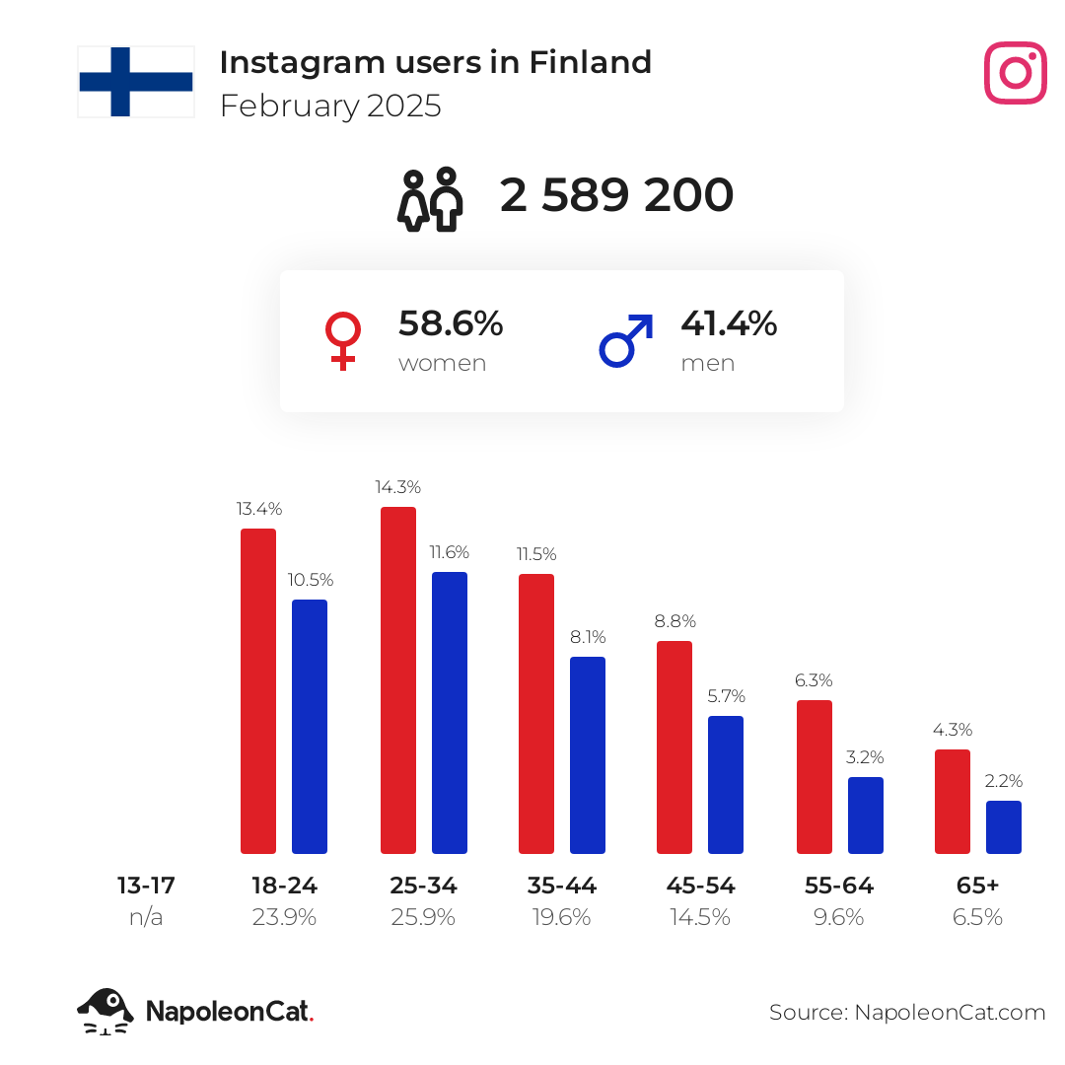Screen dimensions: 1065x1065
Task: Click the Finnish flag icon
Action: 136,82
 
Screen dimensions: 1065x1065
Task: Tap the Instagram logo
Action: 1015,73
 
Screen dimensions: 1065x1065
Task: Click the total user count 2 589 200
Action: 616,195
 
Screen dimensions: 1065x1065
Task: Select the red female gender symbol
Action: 342,341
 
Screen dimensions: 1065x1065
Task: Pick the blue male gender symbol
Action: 626,341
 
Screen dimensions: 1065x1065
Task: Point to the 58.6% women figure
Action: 451,323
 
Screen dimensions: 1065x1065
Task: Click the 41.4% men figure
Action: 729,323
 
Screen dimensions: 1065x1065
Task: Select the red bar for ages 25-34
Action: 398,680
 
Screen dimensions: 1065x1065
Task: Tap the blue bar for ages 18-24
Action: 310,727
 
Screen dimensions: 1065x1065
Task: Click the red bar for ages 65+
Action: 953,802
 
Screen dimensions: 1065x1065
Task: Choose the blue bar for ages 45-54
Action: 726,785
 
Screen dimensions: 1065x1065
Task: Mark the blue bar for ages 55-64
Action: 866,816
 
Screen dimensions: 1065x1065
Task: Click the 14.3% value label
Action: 398,487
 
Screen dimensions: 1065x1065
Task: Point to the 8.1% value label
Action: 588,637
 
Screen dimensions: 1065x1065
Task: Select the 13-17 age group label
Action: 146,886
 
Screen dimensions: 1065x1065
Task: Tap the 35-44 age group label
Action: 562,886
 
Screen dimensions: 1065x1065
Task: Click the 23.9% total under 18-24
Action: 284,917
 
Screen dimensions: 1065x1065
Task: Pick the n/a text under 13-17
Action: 146,917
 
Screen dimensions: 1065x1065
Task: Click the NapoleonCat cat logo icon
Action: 106,1011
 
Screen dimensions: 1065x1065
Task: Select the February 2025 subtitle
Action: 330,106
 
